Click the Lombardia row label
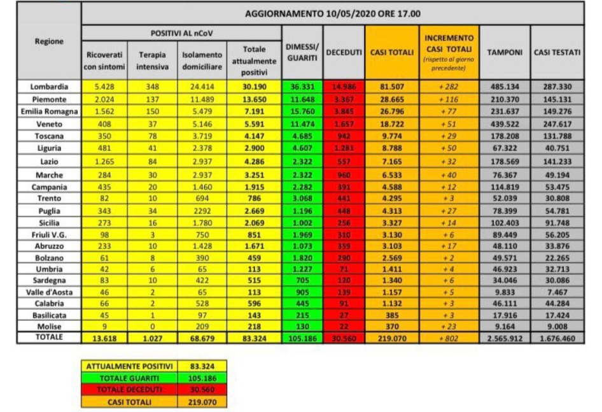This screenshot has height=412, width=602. [x=49, y=86]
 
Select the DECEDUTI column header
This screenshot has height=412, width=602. [x=344, y=52]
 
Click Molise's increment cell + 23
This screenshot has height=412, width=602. [x=449, y=325]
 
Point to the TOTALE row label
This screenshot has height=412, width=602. [x=49, y=337]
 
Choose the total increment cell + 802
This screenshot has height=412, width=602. [x=449, y=337]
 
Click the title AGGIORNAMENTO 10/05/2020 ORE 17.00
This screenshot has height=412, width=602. [x=332, y=13]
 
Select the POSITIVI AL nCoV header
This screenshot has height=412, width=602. [x=181, y=32]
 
